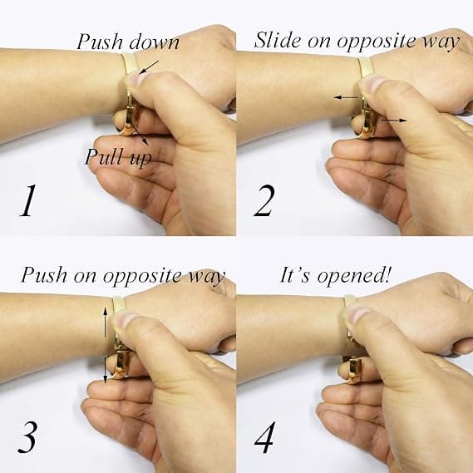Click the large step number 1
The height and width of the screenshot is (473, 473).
(28, 200)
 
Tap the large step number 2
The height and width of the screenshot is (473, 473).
(264, 200)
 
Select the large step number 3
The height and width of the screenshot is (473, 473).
(27, 436)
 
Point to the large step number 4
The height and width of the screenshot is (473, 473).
(265, 436)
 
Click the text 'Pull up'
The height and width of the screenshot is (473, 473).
(119, 157)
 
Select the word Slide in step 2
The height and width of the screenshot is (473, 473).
(278, 40)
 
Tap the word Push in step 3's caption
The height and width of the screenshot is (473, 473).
(44, 274)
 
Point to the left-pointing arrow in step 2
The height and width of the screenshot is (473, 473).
(346, 97)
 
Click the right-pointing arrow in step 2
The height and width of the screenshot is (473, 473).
(394, 121)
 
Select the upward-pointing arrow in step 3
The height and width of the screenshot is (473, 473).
(105, 322)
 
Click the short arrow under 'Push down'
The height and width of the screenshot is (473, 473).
(149, 67)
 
